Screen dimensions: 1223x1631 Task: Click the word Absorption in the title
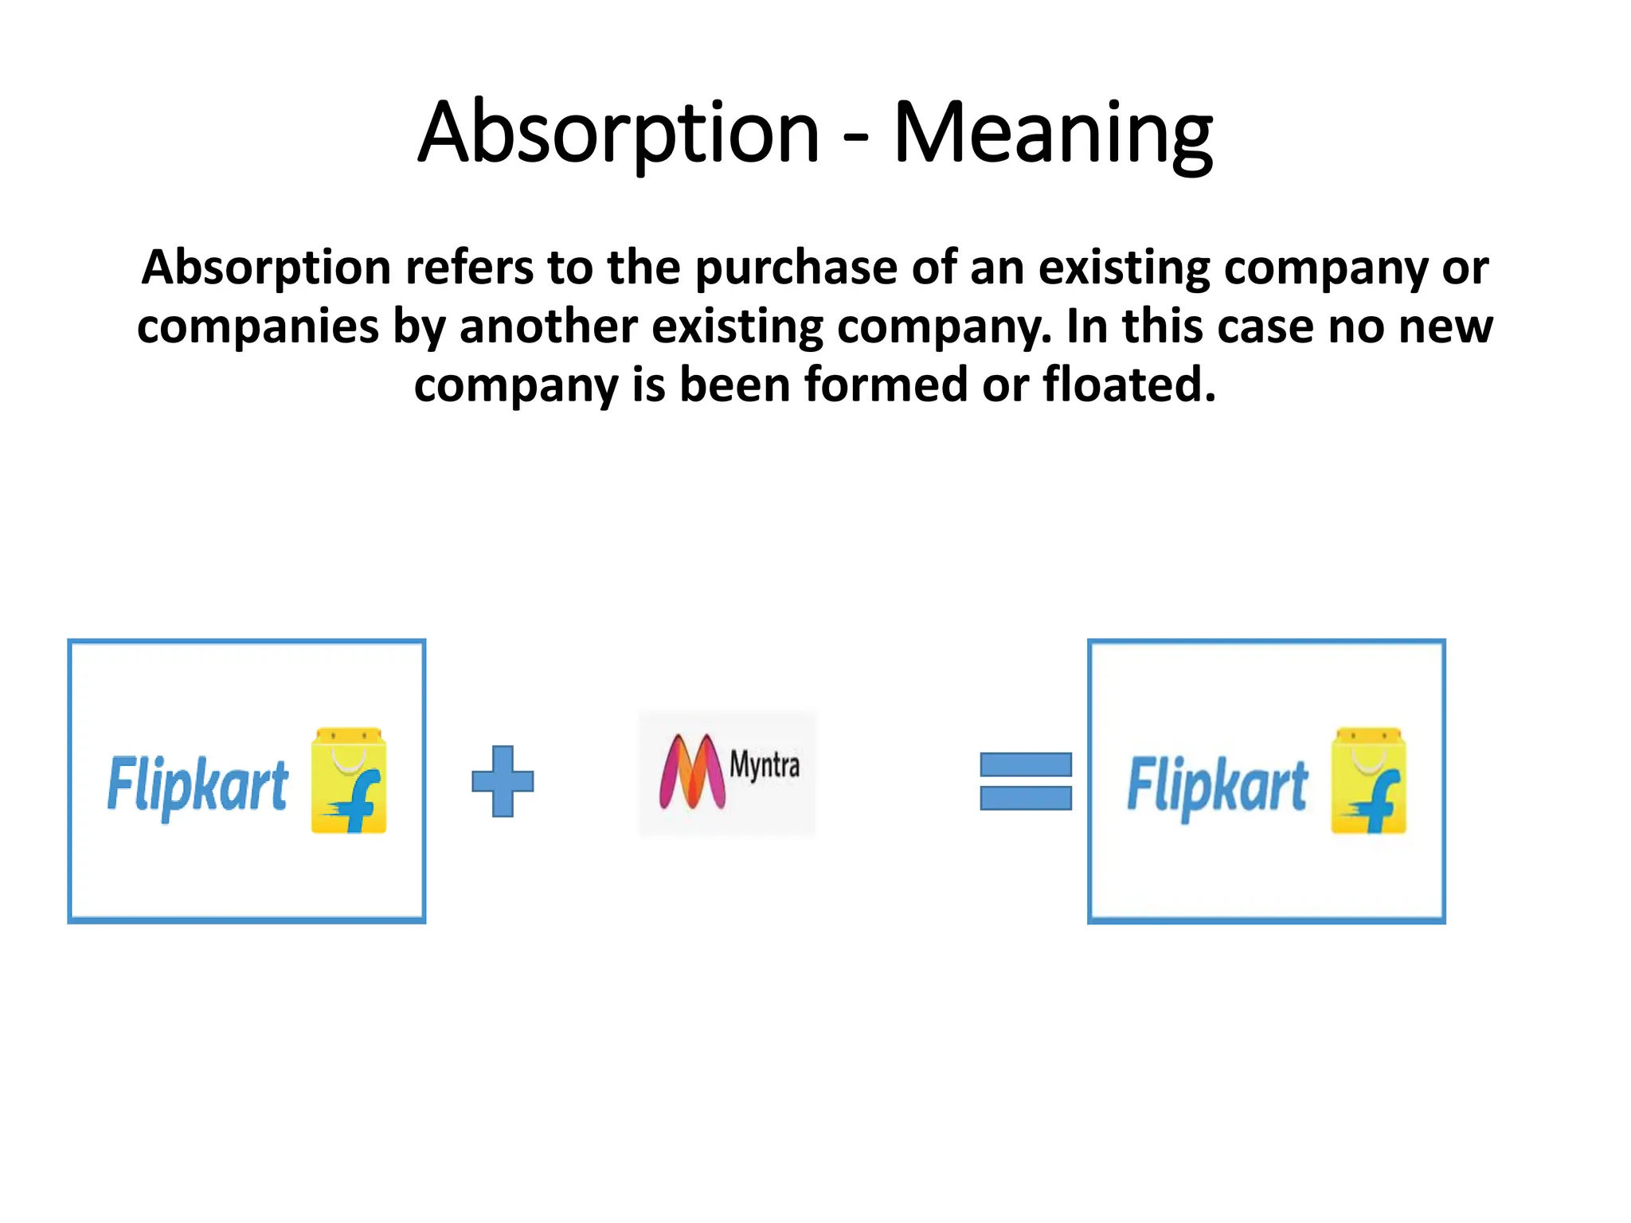618,134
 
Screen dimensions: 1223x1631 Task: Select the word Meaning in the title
1053,134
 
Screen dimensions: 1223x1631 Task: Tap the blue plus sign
503,781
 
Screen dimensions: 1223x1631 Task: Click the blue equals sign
1025,781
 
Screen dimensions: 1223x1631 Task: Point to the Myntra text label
765,764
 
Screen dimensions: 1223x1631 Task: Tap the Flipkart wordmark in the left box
198,786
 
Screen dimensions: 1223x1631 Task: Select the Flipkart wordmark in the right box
1217,786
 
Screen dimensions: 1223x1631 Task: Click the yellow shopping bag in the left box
349,781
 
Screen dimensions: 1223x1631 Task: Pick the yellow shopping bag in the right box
1368,781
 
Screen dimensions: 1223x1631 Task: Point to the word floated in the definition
1129,385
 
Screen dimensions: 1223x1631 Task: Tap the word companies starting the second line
257,327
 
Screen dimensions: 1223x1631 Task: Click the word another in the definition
549,327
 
